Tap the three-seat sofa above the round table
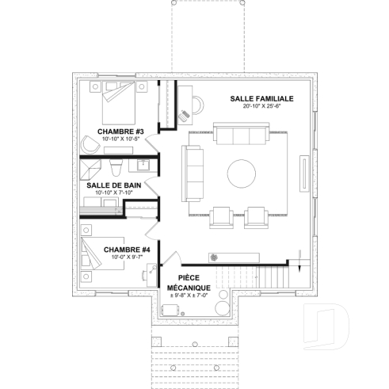pos(235,136)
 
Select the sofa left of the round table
pos(193,173)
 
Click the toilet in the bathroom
pos(116,166)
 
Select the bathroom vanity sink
pos(142,166)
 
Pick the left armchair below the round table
pos(220,216)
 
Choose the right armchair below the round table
pos(256,216)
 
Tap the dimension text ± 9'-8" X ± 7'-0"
pos(188,296)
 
